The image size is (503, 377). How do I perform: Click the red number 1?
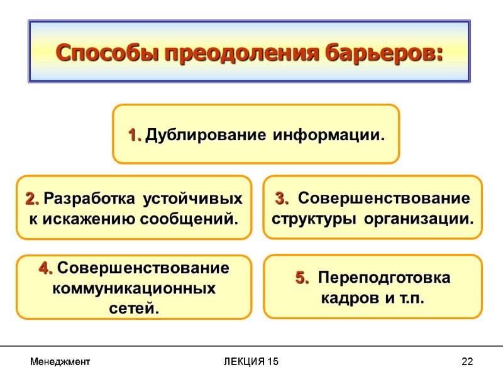click(x=135, y=135)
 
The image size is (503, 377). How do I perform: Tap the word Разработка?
click(x=90, y=200)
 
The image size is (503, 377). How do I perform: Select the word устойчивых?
click(x=193, y=200)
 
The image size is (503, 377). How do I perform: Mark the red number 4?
click(x=46, y=269)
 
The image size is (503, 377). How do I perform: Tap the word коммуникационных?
click(x=134, y=289)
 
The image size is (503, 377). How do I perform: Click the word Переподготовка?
click(x=384, y=278)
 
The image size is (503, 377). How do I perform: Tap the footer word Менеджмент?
click(x=60, y=362)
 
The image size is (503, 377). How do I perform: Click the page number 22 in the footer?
click(x=467, y=362)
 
